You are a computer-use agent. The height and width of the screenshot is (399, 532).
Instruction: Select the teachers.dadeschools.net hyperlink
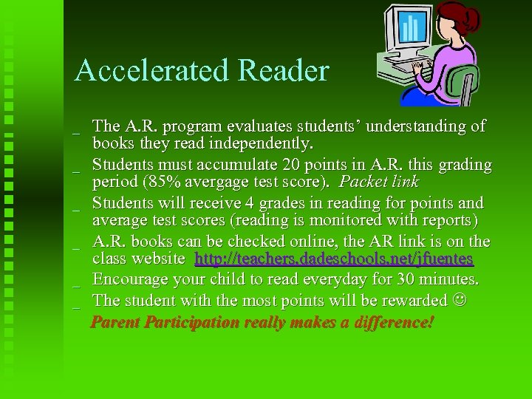click(x=334, y=260)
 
